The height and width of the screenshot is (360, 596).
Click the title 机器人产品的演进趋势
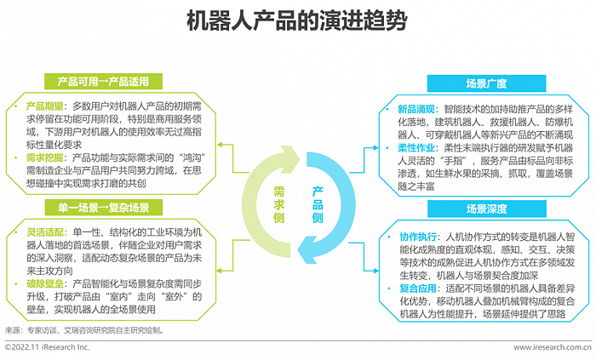tap(297, 21)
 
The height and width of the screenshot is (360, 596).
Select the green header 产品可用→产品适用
tap(103, 81)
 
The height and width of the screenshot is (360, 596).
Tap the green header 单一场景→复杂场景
tap(103, 208)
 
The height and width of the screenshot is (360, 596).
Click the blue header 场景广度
tap(486, 83)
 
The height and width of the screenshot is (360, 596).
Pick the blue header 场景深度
tap(486, 209)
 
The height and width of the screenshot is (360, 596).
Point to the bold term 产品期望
tap(44, 106)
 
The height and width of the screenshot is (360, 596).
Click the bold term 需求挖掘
tap(44, 157)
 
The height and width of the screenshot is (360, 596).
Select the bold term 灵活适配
tap(45, 232)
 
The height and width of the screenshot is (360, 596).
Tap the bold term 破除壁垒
tap(45, 283)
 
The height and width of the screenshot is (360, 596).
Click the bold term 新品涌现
tap(416, 110)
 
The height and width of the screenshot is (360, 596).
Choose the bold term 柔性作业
tap(416, 148)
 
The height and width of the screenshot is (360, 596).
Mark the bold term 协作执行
tap(418, 237)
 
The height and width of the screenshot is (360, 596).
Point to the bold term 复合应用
tap(418, 289)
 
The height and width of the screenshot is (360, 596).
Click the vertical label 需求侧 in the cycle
tap(279, 205)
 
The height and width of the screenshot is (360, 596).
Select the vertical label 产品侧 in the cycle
tap(318, 205)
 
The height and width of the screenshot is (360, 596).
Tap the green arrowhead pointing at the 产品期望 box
tap(220, 145)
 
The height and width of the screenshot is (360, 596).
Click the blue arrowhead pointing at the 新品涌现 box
tap(376, 148)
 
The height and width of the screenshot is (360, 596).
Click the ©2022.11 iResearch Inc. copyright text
tap(47, 347)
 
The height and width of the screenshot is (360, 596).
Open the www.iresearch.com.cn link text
tap(553, 347)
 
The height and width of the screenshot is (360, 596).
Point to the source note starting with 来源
tap(84, 330)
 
